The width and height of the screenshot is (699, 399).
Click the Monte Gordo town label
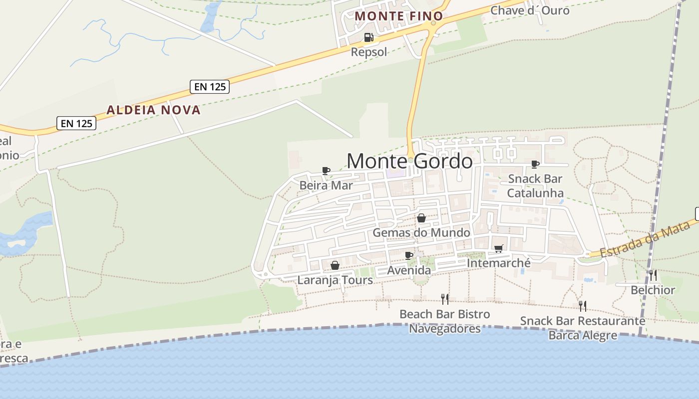[x=409, y=161]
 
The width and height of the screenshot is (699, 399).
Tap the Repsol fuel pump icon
[x=368, y=37]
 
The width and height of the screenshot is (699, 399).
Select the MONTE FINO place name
[x=393, y=16]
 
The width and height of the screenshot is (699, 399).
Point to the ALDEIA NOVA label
[x=154, y=110]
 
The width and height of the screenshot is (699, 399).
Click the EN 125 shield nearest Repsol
[x=210, y=86]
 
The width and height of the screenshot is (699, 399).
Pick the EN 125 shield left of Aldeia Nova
[x=76, y=123]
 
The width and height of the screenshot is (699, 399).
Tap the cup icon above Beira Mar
[x=326, y=171]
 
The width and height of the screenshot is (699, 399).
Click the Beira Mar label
[x=326, y=186]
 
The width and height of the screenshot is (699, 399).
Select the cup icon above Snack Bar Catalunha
[x=535, y=164]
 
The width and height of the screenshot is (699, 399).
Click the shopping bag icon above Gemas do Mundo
[x=421, y=218]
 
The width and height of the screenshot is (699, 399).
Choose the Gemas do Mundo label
[x=421, y=232]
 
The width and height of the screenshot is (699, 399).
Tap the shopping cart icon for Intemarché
[x=498, y=248]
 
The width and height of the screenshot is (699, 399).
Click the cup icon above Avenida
[x=409, y=256]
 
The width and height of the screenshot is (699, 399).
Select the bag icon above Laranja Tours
[x=335, y=265]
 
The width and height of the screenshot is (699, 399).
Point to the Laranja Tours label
[x=335, y=280]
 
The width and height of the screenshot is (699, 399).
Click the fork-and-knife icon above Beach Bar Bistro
[x=445, y=299]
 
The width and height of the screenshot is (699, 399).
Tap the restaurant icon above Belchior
[x=653, y=275]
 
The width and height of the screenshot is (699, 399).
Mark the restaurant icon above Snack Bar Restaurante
[x=583, y=306]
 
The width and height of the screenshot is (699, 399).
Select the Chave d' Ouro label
[x=530, y=10]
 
